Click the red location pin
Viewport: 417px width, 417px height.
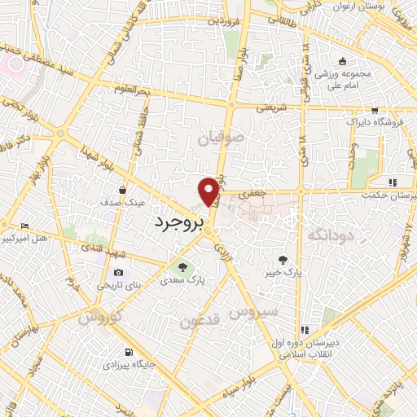pos(209,191)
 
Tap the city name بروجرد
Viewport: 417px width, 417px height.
pos(177,220)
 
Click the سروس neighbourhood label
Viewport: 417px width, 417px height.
pos(252,311)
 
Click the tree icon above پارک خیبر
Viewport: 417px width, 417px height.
pos(283,260)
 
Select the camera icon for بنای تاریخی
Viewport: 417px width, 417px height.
pos(119,273)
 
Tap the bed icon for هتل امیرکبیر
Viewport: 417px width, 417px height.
pos(25,226)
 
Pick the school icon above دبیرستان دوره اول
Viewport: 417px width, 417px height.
pos(304,330)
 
